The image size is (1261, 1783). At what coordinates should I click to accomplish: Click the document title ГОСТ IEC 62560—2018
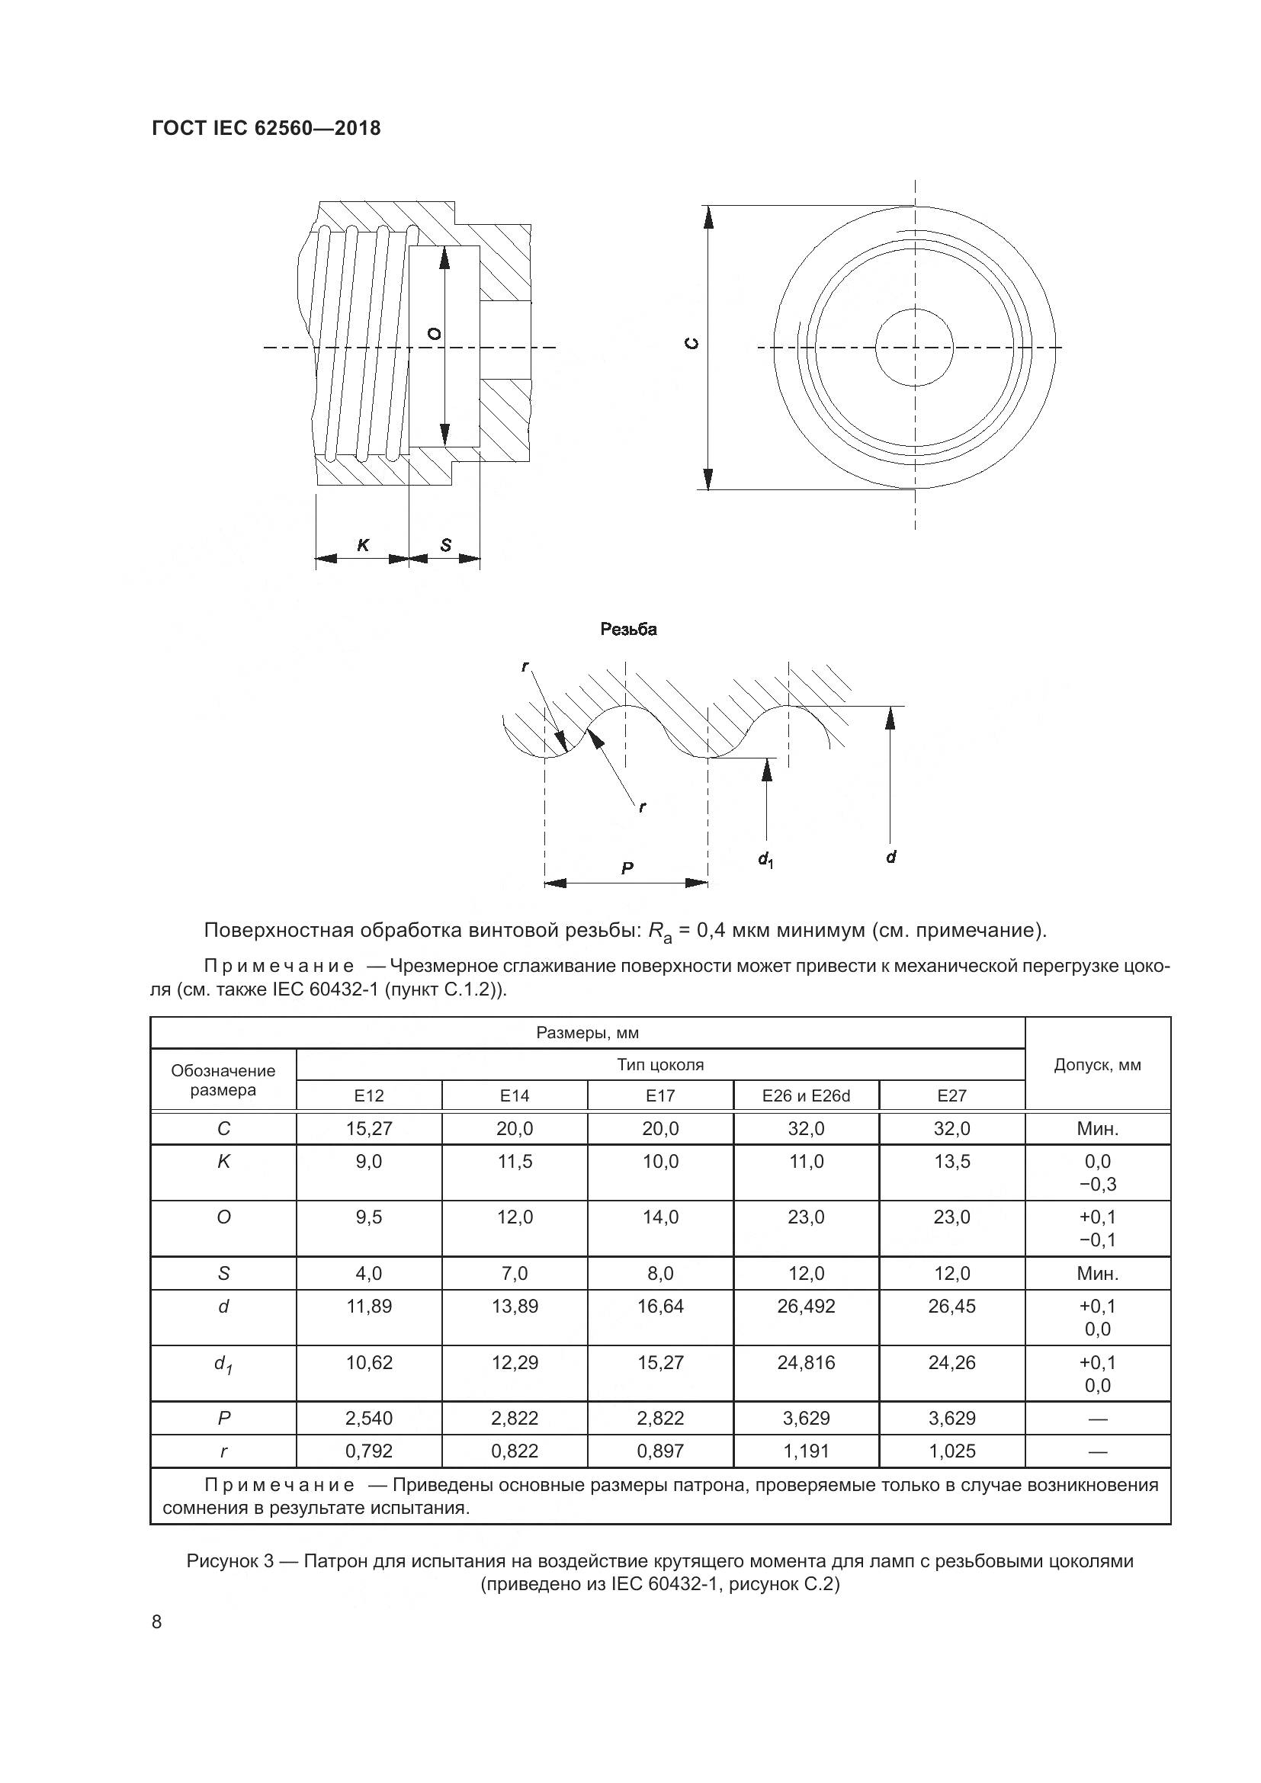click(x=266, y=129)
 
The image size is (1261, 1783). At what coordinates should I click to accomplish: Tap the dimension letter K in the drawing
click(x=363, y=546)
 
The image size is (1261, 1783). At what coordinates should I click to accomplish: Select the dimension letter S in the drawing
click(x=446, y=546)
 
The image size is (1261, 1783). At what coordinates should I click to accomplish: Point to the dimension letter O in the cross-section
click(x=435, y=334)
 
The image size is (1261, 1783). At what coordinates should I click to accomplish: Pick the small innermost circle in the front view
click(x=914, y=347)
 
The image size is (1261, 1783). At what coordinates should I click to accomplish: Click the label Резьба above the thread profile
click(x=628, y=630)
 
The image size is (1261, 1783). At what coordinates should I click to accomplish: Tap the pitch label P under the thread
click(x=627, y=869)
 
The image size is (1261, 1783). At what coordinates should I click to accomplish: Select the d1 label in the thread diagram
click(x=765, y=859)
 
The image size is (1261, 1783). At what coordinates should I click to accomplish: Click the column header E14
click(x=514, y=1095)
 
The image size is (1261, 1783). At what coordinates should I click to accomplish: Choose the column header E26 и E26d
click(x=806, y=1095)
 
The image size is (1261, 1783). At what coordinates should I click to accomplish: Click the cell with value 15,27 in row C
click(x=369, y=1128)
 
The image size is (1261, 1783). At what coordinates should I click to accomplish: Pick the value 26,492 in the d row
click(x=806, y=1307)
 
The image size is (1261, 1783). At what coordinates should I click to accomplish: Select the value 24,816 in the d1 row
click(x=806, y=1363)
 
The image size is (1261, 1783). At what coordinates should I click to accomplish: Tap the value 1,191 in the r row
click(x=806, y=1451)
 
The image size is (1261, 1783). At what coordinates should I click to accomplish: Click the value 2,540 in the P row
click(x=369, y=1418)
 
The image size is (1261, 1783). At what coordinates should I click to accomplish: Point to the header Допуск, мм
click(x=1097, y=1065)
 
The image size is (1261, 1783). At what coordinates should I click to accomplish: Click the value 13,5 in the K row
click(x=951, y=1162)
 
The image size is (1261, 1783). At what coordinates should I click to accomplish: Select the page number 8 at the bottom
click(x=157, y=1622)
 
